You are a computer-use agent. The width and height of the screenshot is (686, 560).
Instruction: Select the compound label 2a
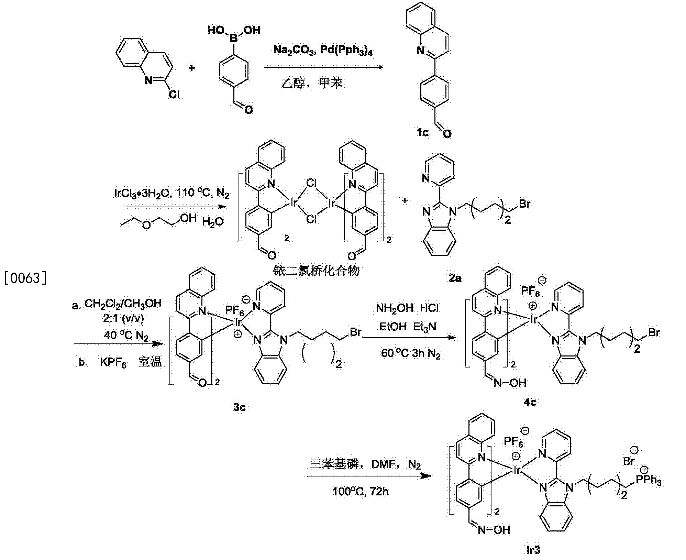click(x=455, y=278)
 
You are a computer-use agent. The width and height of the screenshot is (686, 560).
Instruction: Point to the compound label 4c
click(x=530, y=402)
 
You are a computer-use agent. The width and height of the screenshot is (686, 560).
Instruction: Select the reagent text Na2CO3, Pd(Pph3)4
click(x=323, y=51)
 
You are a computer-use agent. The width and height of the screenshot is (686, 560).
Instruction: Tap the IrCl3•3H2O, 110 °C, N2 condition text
click(x=171, y=194)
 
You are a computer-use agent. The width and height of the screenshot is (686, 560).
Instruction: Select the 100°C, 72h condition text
click(x=361, y=492)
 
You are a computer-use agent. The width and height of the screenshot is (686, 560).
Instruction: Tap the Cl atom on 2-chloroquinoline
click(x=174, y=94)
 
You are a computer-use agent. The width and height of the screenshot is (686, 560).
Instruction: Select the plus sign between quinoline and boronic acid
click(x=192, y=68)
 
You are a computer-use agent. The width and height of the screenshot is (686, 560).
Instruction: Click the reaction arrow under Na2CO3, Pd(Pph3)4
click(x=323, y=67)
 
